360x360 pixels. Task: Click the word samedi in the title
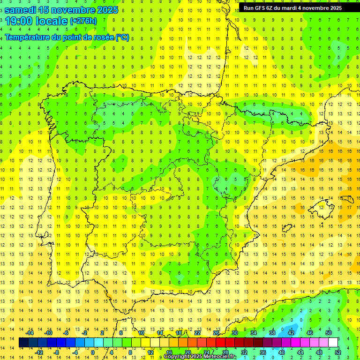[x=21, y=9]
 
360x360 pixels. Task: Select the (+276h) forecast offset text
[x=83, y=21]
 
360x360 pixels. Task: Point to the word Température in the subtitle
[x=28, y=37]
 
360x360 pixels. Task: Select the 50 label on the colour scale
[x=329, y=333]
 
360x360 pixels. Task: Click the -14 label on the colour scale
[x=30, y=333]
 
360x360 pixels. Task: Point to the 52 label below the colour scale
[x=338, y=352]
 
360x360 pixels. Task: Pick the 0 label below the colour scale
[x=92, y=352]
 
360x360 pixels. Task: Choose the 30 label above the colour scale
[x=234, y=333]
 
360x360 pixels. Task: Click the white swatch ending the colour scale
[x=333, y=343]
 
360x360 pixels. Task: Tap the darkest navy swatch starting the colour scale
[x=23, y=343]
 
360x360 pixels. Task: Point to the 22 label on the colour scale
[x=197, y=333]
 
